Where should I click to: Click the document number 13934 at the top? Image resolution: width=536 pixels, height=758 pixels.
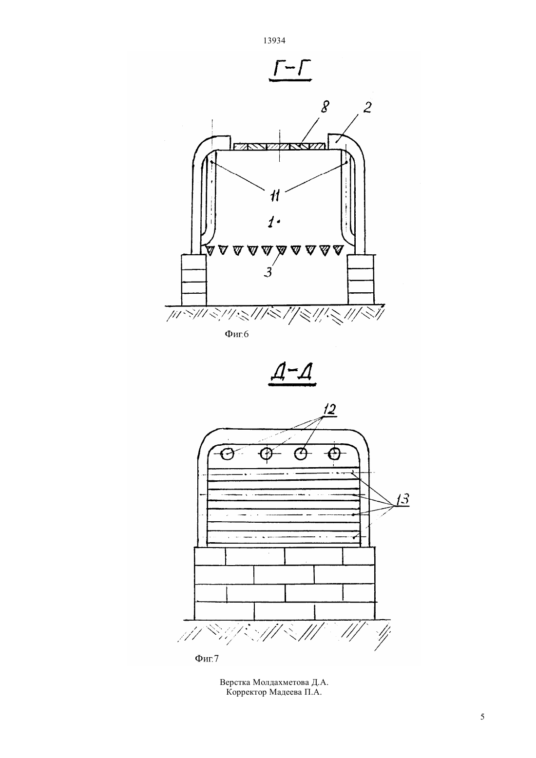274,40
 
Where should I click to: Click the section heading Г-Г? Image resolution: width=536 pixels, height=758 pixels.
290,71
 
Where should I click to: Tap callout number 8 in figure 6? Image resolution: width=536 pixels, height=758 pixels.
325,107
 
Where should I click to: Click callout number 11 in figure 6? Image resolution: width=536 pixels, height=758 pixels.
275,195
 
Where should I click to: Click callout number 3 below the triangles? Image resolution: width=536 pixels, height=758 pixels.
268,272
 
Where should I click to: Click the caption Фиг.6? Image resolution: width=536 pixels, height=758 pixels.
236,334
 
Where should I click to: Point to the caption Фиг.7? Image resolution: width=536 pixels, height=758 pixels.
207,658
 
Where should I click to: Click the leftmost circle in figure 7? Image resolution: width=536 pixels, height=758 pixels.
227,454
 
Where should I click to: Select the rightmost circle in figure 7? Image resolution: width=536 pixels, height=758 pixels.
335,453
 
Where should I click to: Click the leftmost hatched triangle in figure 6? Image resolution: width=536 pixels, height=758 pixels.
211,250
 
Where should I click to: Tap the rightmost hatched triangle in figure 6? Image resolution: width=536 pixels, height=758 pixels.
337,250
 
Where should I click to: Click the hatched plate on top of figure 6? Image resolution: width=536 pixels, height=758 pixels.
280,147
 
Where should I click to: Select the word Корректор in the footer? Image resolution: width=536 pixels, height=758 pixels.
247,692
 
